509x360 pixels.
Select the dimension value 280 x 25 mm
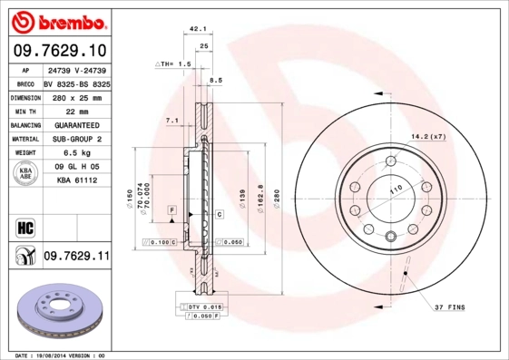tap(76, 95)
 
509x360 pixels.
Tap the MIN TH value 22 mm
tap(76, 110)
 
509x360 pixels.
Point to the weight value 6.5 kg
tap(76, 153)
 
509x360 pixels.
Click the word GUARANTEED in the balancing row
tap(76, 124)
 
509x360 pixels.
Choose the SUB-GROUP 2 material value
tap(76, 139)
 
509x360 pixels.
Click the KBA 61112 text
tap(76, 180)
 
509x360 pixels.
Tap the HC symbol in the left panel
tap(25, 227)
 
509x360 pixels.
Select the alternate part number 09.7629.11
tap(76, 258)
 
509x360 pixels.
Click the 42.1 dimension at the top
tap(199, 30)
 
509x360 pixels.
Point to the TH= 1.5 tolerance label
tap(173, 64)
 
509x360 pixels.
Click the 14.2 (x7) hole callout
tap(428, 136)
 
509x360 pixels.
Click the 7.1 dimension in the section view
tap(171, 121)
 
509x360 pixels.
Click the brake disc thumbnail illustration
tap(62, 311)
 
